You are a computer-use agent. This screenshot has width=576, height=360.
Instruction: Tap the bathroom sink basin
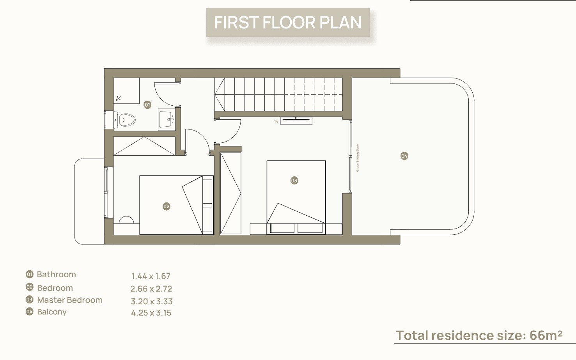(167, 119)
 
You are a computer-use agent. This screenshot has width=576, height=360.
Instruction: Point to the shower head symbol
(119, 98)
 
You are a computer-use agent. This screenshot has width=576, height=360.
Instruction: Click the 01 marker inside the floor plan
(147, 105)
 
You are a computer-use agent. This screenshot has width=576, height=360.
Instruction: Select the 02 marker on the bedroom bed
(167, 206)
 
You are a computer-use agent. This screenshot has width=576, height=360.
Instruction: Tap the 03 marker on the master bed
(294, 181)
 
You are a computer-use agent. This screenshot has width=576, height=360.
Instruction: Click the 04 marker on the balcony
(404, 156)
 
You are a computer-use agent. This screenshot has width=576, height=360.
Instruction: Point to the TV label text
(276, 122)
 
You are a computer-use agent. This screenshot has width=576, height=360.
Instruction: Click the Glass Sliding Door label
(358, 158)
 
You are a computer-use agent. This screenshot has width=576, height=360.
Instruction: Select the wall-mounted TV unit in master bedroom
(296, 121)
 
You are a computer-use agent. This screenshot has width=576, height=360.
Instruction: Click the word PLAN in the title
(340, 22)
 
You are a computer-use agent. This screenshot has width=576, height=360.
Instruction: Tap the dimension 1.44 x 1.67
(151, 276)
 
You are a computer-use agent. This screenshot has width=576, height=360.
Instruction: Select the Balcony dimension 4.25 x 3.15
(151, 313)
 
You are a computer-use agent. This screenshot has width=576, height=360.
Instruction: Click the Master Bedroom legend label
(70, 300)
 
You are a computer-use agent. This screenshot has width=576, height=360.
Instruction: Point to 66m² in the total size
(546, 335)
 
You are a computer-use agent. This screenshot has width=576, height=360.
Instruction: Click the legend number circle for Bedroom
(30, 287)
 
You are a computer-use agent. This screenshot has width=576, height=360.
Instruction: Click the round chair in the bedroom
(126, 220)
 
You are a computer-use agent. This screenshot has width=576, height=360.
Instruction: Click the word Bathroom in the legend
(56, 274)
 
